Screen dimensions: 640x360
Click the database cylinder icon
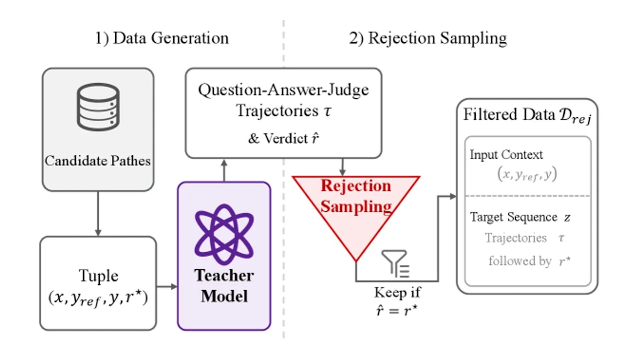click(x=98, y=107)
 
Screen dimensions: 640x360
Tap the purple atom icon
click(x=224, y=234)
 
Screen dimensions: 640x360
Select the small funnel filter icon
click(x=396, y=263)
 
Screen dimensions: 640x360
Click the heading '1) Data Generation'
click(x=162, y=38)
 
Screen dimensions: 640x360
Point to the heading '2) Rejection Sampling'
click(x=428, y=38)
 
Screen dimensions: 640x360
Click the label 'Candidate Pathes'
click(x=98, y=161)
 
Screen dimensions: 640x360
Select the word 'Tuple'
click(x=98, y=276)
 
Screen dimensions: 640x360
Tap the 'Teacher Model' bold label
click(x=224, y=285)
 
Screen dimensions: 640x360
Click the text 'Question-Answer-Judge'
click(x=283, y=90)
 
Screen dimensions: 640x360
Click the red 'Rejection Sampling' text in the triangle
click(x=356, y=196)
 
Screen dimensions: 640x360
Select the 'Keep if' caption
click(x=397, y=292)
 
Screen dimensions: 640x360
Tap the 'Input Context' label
click(x=506, y=155)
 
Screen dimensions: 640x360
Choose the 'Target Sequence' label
click(x=514, y=217)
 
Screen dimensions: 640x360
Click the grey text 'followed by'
click(x=520, y=261)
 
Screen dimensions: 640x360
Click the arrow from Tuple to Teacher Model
click(x=167, y=286)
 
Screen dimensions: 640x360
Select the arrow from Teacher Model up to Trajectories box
click(x=225, y=170)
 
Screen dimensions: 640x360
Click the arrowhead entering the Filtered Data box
click(x=453, y=196)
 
